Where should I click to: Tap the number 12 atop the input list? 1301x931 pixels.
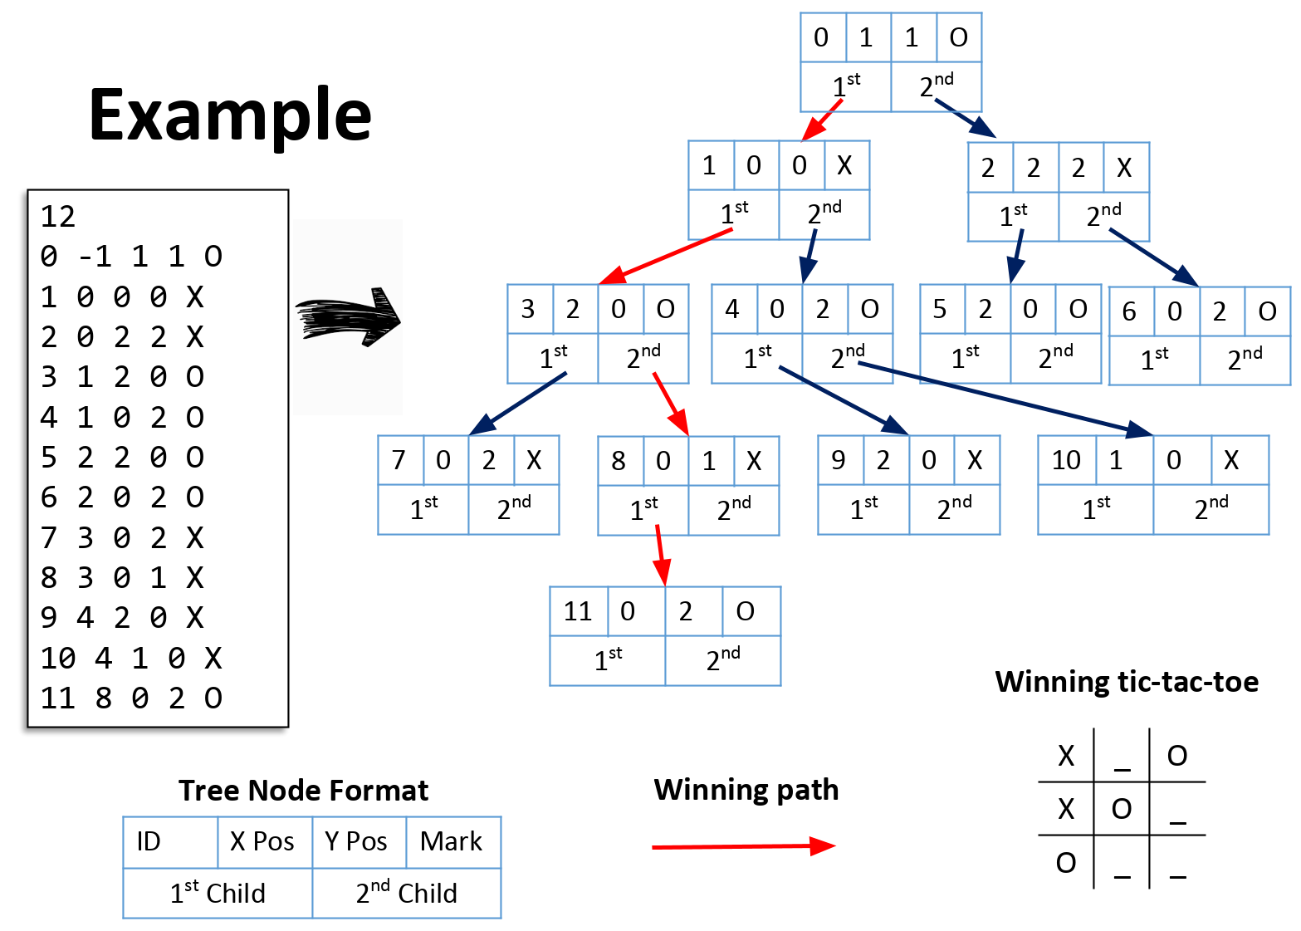pyautogui.click(x=58, y=217)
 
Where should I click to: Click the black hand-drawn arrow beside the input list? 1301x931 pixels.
pyautogui.click(x=349, y=318)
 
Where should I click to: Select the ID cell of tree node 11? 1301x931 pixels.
pyautogui.click(x=579, y=611)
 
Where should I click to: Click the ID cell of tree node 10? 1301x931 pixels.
pyautogui.click(x=1067, y=460)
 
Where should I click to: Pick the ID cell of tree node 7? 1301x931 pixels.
pyautogui.click(x=399, y=460)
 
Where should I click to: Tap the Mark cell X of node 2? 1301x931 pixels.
pyautogui.click(x=1125, y=168)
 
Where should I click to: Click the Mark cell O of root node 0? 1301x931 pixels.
pyautogui.click(x=959, y=37)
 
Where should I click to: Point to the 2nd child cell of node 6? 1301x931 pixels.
pyautogui.click(x=1245, y=360)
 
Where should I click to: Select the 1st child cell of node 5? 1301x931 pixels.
pyautogui.click(x=965, y=358)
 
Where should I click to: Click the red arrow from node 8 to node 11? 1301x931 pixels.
pyautogui.click(x=660, y=555)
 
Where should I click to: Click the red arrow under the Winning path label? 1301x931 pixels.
pyautogui.click(x=743, y=846)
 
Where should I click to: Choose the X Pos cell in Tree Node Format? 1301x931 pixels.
pyautogui.click(x=264, y=842)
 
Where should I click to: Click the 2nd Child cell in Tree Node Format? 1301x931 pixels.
pyautogui.click(x=407, y=894)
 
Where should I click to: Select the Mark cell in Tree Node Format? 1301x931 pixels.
pyautogui.click(x=452, y=842)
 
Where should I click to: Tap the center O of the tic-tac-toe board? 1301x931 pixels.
pyautogui.click(x=1122, y=809)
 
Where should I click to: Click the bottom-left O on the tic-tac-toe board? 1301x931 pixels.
pyautogui.click(x=1066, y=863)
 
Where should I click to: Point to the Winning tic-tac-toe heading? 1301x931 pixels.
pyautogui.click(x=1127, y=682)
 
